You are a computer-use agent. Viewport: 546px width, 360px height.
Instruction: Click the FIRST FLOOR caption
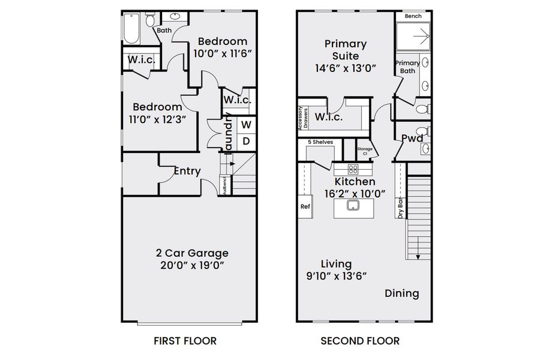185,341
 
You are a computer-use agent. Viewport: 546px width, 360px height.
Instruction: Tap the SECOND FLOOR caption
360,341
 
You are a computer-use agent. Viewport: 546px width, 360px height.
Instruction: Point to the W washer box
246,125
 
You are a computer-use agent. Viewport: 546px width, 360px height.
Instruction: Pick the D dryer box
246,142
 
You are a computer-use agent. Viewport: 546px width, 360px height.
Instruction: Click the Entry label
187,171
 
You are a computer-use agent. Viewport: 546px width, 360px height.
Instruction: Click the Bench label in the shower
412,16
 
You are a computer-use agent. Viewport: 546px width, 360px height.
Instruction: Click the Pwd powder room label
412,139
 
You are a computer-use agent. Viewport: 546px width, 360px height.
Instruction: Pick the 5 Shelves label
320,142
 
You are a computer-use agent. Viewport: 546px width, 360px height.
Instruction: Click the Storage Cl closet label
365,151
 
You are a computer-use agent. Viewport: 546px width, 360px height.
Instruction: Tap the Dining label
401,293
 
